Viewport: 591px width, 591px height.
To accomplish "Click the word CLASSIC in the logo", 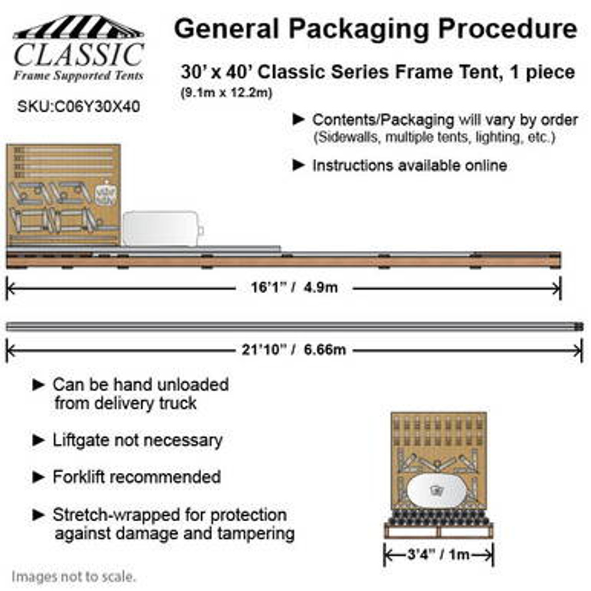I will (x=78, y=55).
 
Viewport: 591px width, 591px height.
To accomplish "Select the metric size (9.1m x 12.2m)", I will (x=226, y=93).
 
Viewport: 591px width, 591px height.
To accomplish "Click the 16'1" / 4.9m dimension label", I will (x=294, y=288).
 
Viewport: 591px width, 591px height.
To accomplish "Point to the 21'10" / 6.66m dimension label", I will (x=294, y=350).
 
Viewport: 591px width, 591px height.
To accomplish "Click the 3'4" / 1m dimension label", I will (x=438, y=554).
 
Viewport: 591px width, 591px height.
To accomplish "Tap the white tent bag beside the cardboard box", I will (x=160, y=228).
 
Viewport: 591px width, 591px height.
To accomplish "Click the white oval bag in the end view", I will (x=435, y=491).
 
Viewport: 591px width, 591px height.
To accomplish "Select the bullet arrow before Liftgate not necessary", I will (x=39, y=440).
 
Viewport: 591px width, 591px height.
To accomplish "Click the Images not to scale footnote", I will (x=74, y=577).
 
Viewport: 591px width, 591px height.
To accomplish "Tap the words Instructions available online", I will (x=410, y=165).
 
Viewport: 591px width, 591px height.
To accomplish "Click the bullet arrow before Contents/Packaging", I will (x=299, y=120).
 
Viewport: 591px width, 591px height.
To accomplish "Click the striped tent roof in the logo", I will (x=78, y=28).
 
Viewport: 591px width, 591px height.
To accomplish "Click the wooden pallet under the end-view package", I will (x=438, y=531).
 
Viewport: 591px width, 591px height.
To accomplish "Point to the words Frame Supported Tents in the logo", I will (x=78, y=76).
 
